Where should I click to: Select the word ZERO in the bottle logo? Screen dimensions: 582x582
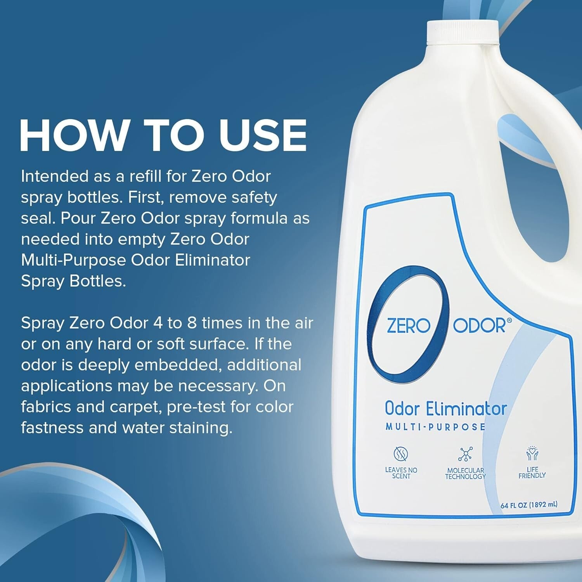[x=409, y=326]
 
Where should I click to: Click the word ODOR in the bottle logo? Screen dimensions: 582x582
[x=480, y=326]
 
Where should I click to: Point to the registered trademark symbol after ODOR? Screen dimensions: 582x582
[x=509, y=320]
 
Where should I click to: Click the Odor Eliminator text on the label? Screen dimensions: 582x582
[x=446, y=409]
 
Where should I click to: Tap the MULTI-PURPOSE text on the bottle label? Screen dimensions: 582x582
[x=435, y=427]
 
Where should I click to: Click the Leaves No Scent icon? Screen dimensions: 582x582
[x=401, y=453]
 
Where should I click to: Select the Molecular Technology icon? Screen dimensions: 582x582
[x=465, y=454]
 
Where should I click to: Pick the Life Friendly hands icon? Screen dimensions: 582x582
[x=532, y=453]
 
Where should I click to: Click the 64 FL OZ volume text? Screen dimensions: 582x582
[x=529, y=505]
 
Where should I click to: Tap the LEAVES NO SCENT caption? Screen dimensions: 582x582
[x=401, y=473]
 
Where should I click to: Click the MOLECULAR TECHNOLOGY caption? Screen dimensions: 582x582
[x=465, y=473]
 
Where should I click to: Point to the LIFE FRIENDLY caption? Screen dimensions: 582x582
[x=532, y=472]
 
